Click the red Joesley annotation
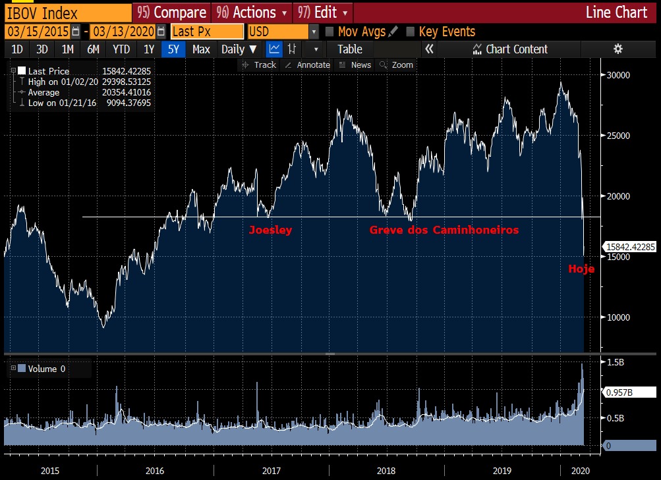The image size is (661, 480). [x=270, y=230]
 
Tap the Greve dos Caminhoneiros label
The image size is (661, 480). [x=444, y=230]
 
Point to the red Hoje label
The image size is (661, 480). [x=581, y=269]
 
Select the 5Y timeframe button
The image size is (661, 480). [x=173, y=49]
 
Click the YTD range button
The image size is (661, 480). [x=121, y=49]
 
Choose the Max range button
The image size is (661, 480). [x=201, y=49]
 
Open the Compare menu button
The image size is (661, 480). [x=171, y=13]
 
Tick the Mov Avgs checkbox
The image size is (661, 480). [x=330, y=32]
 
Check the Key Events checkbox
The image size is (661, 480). [x=411, y=32]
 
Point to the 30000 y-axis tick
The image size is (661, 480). [x=618, y=75]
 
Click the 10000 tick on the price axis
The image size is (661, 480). [x=618, y=317]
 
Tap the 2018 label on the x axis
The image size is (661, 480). [x=386, y=471]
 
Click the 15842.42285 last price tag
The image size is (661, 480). [x=631, y=247]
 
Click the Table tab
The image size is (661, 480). [x=349, y=49]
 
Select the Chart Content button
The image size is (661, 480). [x=511, y=49]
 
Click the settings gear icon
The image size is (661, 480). [x=618, y=49]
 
